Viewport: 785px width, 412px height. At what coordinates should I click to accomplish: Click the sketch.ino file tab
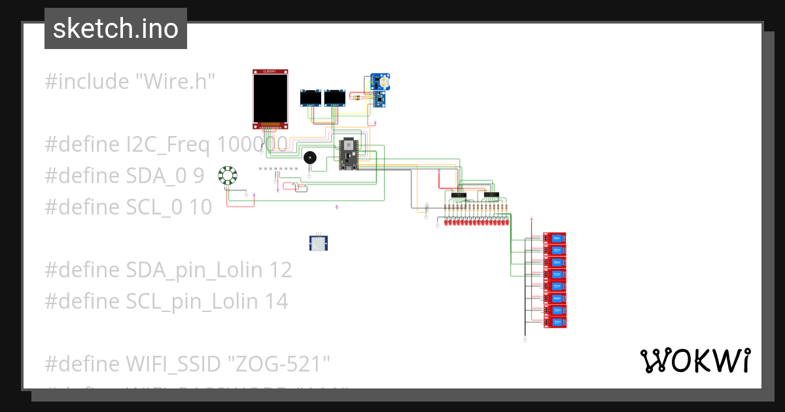[116, 29]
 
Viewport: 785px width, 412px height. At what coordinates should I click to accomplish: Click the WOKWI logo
[695, 360]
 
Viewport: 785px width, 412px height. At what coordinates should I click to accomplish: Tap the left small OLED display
[311, 98]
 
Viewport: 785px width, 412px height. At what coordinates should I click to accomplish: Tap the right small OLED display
[335, 98]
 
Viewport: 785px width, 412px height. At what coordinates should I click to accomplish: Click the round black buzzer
[309, 158]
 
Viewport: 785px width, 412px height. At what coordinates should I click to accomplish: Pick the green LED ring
[228, 176]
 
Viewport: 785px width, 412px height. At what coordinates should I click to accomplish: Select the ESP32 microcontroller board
[347, 154]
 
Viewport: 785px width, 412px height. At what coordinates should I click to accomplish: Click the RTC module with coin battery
[380, 82]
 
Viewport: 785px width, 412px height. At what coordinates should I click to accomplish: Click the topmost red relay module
[555, 238]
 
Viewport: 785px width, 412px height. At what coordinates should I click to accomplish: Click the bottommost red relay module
[555, 322]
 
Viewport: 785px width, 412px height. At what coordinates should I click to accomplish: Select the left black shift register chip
[459, 195]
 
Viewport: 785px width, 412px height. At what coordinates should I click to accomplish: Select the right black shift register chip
[491, 195]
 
